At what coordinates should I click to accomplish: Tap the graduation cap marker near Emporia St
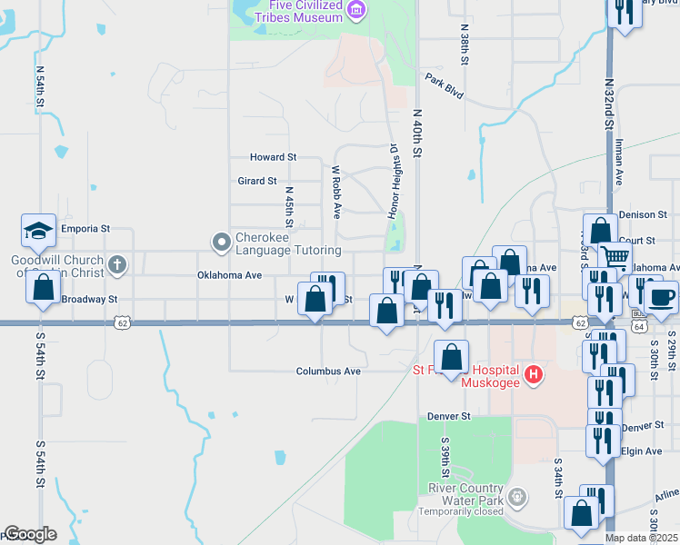(39, 231)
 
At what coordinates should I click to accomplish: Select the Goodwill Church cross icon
(116, 265)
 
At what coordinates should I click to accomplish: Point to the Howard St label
(279, 157)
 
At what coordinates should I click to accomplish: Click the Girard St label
(256, 181)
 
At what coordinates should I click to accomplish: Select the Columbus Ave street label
(329, 372)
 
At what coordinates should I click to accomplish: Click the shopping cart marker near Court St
(616, 258)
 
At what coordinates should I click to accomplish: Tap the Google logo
(30, 534)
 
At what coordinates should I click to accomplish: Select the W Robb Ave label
(336, 192)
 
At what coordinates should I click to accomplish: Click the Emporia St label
(85, 229)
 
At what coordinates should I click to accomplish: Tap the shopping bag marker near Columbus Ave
(451, 355)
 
